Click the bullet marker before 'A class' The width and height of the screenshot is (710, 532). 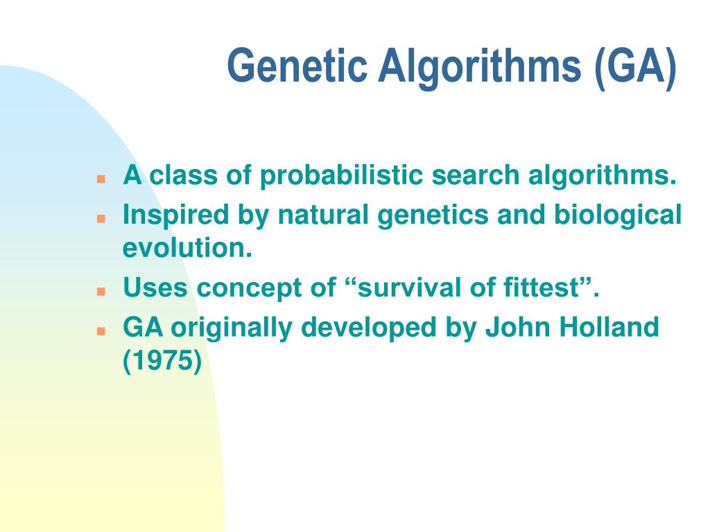[x=101, y=179]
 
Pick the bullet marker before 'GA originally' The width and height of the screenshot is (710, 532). [x=101, y=330]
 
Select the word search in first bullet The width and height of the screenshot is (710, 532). [x=477, y=176]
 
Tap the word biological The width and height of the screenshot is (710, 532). [x=617, y=216]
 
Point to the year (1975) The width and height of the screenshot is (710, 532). [x=162, y=361]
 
